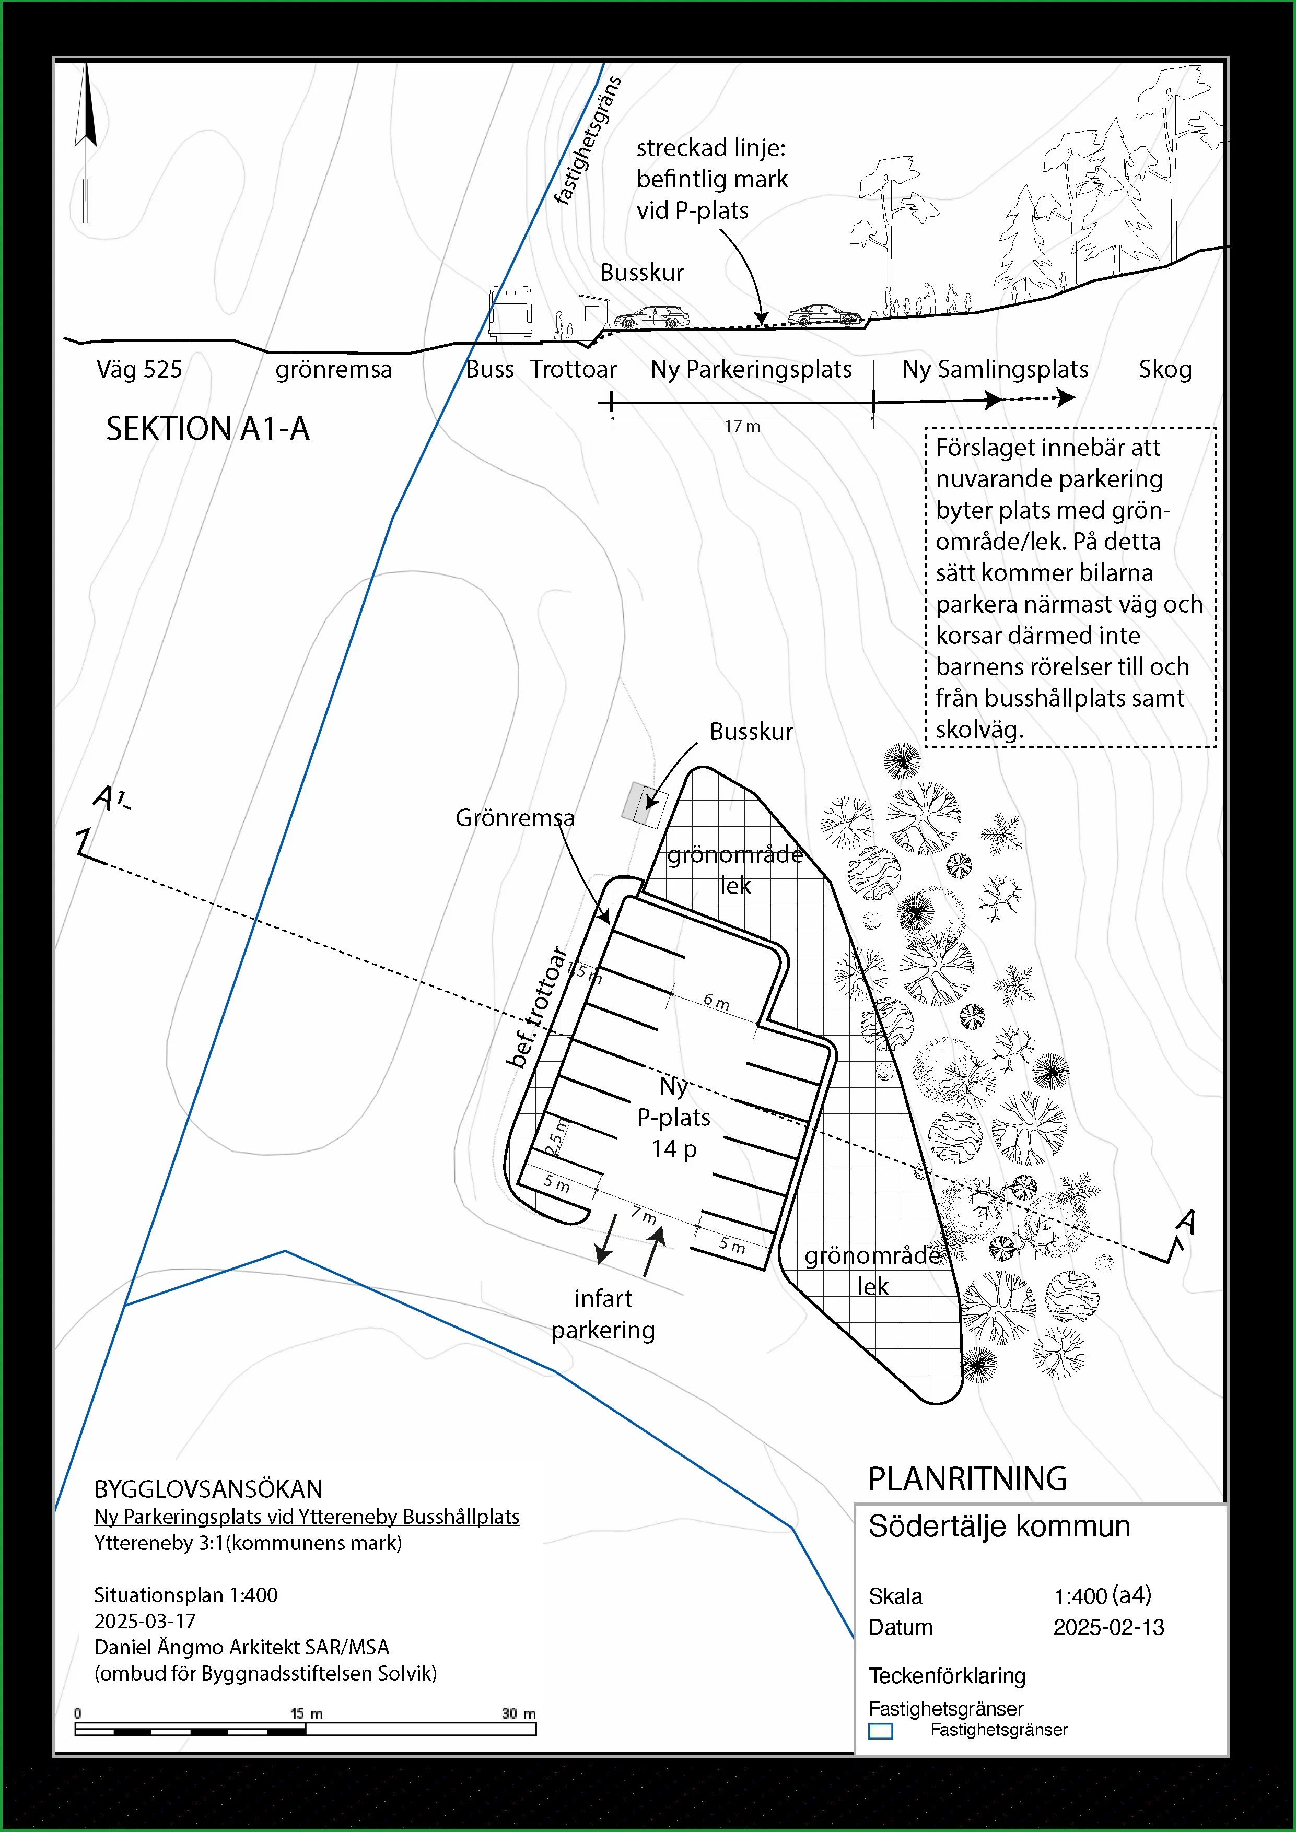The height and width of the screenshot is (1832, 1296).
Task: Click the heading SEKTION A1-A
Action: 207,429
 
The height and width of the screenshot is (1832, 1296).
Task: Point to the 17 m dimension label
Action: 742,427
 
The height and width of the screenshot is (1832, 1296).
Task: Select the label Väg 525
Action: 139,369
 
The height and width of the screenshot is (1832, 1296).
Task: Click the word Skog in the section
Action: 1165,369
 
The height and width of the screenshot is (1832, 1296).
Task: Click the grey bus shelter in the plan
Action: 645,804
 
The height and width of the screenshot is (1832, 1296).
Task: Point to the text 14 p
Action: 673,1149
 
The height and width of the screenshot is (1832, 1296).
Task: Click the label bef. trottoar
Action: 538,1007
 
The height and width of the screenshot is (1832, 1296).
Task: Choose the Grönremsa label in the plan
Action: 515,818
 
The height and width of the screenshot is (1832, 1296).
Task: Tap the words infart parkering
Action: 603,1314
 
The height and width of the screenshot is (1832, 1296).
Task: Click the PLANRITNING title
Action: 967,1478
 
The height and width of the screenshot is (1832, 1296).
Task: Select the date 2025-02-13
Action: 1108,1627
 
